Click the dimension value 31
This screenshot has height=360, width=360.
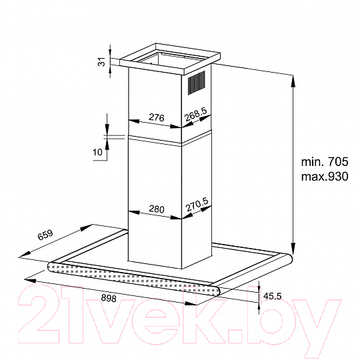[102, 62]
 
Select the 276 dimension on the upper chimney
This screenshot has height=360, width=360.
[157, 117]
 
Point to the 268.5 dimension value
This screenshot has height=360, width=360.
[196, 114]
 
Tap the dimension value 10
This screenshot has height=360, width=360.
[97, 152]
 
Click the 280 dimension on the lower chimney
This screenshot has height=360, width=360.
[157, 209]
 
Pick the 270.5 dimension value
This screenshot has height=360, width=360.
[197, 205]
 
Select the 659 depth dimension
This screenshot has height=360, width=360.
[45, 235]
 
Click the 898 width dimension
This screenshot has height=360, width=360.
[109, 298]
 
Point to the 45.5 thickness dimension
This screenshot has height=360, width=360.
[272, 296]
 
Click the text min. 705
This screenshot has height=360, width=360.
[325, 161]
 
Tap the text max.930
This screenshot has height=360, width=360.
[325, 177]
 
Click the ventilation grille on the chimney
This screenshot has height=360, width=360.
[197, 83]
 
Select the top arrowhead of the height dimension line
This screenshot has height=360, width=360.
[293, 81]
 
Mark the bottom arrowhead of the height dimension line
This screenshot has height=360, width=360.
[293, 249]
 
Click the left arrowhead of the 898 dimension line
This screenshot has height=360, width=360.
[30, 280]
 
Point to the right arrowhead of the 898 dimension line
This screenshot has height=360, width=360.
[191, 304]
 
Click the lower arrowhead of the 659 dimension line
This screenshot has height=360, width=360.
[25, 254]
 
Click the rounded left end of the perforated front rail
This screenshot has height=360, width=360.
[51, 267]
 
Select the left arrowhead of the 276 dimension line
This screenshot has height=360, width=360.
[134, 121]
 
